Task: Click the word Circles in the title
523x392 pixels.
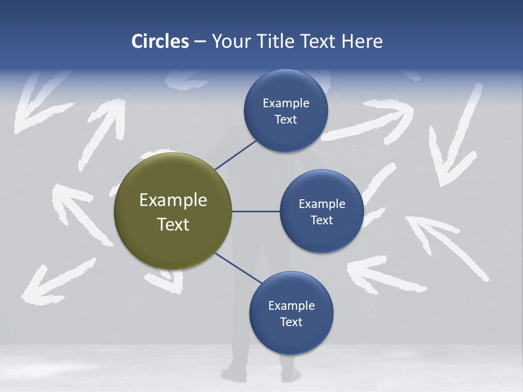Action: tap(160, 41)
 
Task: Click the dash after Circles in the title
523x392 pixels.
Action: tap(200, 42)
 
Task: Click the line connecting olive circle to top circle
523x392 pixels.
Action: tap(235, 155)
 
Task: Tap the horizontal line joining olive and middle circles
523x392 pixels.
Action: tap(256, 211)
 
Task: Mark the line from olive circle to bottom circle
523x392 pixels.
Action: tap(238, 268)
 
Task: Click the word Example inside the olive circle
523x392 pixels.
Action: tap(173, 200)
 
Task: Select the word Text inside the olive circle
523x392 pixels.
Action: tap(173, 224)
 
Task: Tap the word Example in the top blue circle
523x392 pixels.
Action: tap(285, 103)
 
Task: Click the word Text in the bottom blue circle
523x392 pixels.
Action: tap(291, 322)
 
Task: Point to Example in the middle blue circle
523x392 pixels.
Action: tap(321, 204)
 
